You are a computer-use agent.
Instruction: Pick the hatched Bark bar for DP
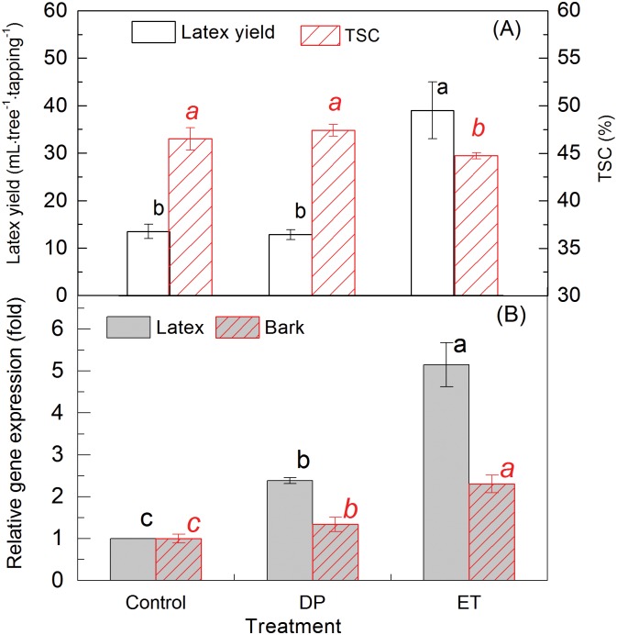tap(334, 551)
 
